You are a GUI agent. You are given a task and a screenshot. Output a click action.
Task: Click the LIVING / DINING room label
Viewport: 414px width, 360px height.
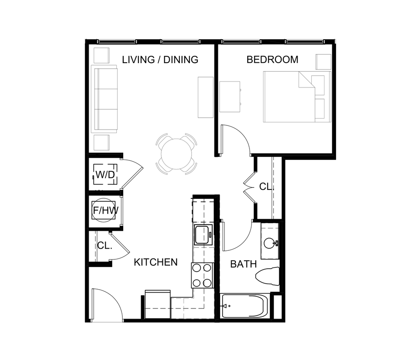tap(160, 60)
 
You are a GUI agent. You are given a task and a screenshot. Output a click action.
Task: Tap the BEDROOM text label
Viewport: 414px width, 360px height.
tap(272, 60)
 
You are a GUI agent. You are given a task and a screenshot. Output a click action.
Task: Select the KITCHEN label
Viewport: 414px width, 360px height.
tap(156, 262)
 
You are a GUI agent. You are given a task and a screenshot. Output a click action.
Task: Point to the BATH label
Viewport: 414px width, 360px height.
tap(243, 264)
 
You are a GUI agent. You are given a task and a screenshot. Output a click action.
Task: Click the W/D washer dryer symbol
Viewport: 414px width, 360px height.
tap(105, 174)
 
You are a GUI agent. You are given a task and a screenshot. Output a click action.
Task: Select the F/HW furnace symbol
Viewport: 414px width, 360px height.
tap(105, 210)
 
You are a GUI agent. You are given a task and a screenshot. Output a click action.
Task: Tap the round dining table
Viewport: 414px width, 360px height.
tap(176, 153)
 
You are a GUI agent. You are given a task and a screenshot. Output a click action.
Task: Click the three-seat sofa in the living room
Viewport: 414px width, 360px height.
tap(105, 99)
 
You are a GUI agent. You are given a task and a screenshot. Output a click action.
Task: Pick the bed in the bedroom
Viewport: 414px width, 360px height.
tap(296, 97)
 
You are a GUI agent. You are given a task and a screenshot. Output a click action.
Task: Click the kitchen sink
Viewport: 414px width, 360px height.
tap(203, 235)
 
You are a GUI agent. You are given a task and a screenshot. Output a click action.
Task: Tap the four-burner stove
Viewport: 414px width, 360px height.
tap(202, 275)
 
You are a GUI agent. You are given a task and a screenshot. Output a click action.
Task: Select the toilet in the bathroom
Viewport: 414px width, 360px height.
tap(268, 276)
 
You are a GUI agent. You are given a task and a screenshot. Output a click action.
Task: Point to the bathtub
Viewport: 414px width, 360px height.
tap(245, 306)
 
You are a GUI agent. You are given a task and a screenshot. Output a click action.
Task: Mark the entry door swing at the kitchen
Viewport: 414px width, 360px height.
tap(107, 305)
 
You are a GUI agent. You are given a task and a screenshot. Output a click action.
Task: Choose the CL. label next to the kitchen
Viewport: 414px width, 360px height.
tap(104, 246)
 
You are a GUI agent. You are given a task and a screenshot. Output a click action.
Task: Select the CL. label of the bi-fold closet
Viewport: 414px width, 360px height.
tap(265, 187)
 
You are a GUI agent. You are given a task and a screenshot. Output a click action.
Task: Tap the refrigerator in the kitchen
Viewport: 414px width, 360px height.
tap(158, 305)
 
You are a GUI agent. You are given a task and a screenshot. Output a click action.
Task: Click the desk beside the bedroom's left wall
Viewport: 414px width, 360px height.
tap(230, 96)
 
